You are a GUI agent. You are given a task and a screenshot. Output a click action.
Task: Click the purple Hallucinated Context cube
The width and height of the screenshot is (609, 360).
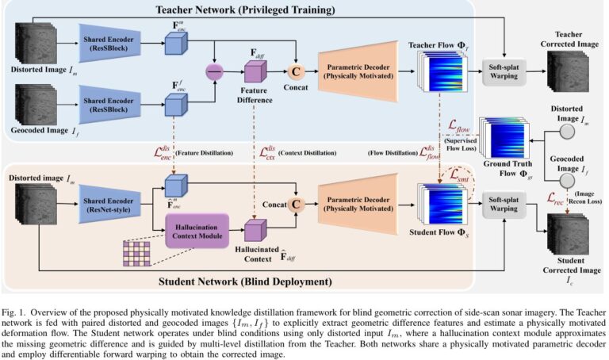pos(256,230)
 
